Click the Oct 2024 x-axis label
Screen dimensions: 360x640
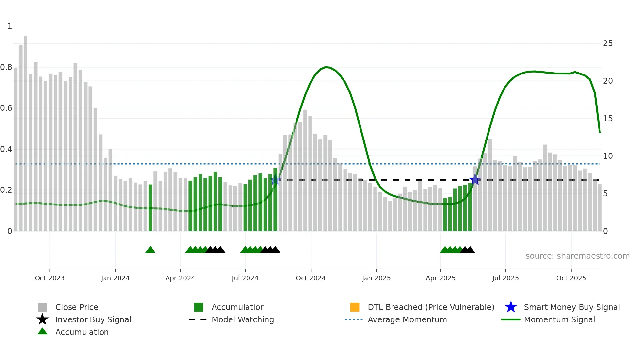click(x=311, y=278)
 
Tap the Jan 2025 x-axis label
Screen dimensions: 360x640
click(x=376, y=278)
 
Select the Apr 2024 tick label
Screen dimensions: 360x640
click(x=180, y=278)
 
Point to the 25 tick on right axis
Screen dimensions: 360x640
click(x=608, y=43)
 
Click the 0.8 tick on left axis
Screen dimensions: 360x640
click(x=6, y=67)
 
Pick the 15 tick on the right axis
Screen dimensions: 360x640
click(x=608, y=119)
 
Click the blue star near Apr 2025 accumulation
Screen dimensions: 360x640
click(x=475, y=179)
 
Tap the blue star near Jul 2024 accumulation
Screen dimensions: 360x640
click(x=276, y=180)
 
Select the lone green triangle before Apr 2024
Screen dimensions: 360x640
click(x=150, y=250)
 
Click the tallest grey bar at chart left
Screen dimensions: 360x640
click(x=25, y=131)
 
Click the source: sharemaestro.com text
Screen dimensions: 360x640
click(x=577, y=256)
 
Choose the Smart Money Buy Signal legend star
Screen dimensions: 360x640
click(x=511, y=307)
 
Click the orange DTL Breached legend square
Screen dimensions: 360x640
click(x=355, y=307)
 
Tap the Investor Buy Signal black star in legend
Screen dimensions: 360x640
click(x=42, y=319)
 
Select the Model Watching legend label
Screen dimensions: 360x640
click(x=243, y=319)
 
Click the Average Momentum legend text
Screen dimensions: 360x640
click(x=407, y=319)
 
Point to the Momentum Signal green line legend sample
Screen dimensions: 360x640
click(x=511, y=319)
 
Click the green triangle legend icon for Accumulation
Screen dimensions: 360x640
click(x=42, y=331)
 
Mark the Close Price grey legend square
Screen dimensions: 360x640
click(x=42, y=307)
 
